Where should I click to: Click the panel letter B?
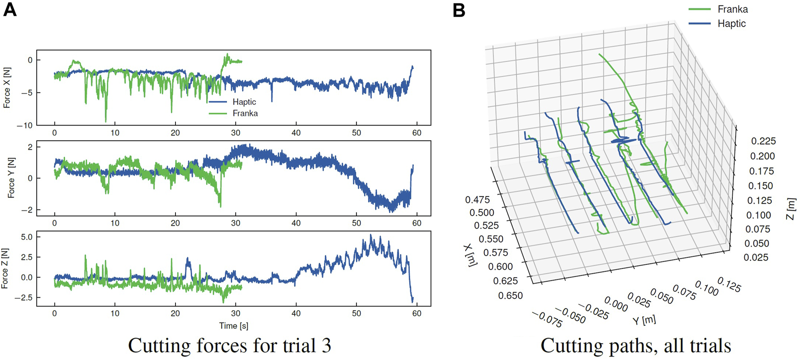point(459,10)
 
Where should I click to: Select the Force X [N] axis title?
point(7,88)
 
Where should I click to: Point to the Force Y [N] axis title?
point(11,178)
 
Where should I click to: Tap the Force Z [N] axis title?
point(5,268)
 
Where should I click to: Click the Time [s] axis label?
point(233,326)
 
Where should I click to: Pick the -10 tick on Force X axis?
point(24,125)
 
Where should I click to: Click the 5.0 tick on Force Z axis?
point(27,237)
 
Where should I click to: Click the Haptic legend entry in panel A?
point(244,102)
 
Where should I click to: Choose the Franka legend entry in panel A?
point(245,113)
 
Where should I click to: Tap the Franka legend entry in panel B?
point(732,9)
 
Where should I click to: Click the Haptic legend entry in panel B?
point(731,24)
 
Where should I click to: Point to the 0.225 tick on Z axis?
point(763,141)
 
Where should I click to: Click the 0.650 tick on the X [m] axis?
point(510,295)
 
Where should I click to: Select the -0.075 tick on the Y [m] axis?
point(547,319)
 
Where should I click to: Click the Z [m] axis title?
point(791,209)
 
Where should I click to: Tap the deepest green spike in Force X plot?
point(106,121)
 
